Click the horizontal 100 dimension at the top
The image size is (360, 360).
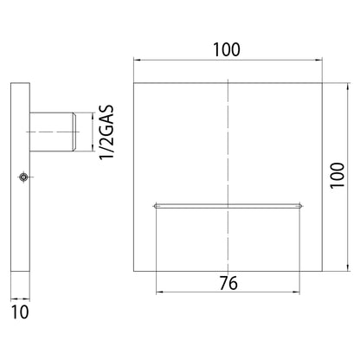(227, 49)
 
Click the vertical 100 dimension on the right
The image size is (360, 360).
(337, 175)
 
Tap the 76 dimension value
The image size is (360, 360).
(228, 283)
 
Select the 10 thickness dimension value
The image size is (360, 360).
(20, 312)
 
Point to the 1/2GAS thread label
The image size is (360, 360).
(106, 132)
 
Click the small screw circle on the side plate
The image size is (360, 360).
(23, 177)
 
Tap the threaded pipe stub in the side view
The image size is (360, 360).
(53, 132)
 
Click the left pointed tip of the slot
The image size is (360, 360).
(153, 206)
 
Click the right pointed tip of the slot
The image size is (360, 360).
(302, 206)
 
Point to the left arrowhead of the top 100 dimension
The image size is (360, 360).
(137, 60)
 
